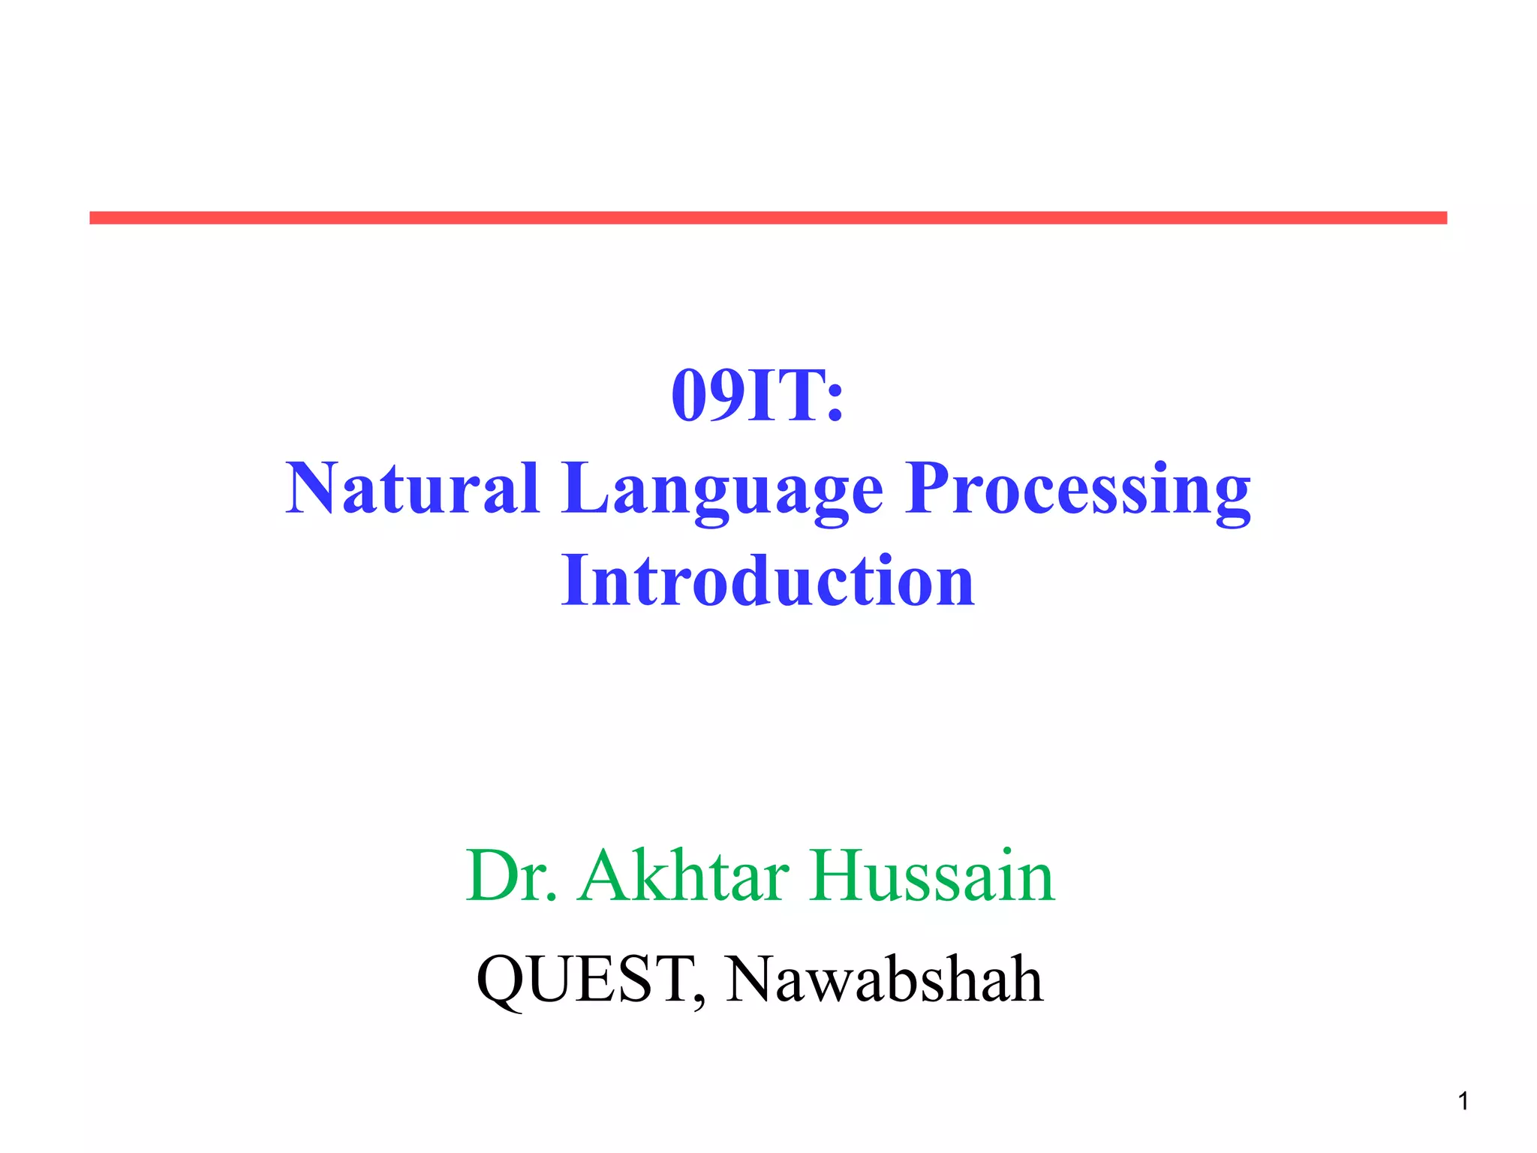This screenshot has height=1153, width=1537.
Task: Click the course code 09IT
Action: tap(747, 396)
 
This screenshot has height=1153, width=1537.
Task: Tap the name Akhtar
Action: tap(684, 876)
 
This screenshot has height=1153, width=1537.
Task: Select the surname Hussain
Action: tap(931, 876)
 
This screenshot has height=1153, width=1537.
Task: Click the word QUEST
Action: tap(585, 979)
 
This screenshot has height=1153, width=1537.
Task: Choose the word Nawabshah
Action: tap(884, 979)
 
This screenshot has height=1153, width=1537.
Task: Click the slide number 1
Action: tap(1463, 1101)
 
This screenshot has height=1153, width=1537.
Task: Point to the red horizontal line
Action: tap(768, 218)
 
